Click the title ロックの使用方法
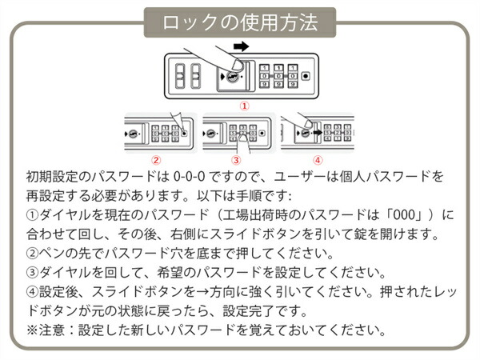(x=240, y=22)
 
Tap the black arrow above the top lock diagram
(x=242, y=46)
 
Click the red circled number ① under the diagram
(x=244, y=106)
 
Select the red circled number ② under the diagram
(x=156, y=160)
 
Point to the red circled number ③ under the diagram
(x=236, y=160)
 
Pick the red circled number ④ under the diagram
(x=318, y=160)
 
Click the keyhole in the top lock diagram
(x=232, y=77)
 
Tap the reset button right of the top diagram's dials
(x=306, y=76)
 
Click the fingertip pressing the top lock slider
(x=237, y=66)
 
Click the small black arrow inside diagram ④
(x=318, y=133)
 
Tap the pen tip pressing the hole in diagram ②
(x=183, y=131)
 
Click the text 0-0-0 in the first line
(x=189, y=177)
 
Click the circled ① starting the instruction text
(x=32, y=215)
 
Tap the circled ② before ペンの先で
(x=32, y=254)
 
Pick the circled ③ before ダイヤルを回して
(x=32, y=273)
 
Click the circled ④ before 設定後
(x=32, y=292)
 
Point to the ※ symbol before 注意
(x=32, y=330)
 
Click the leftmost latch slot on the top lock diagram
(x=180, y=76)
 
